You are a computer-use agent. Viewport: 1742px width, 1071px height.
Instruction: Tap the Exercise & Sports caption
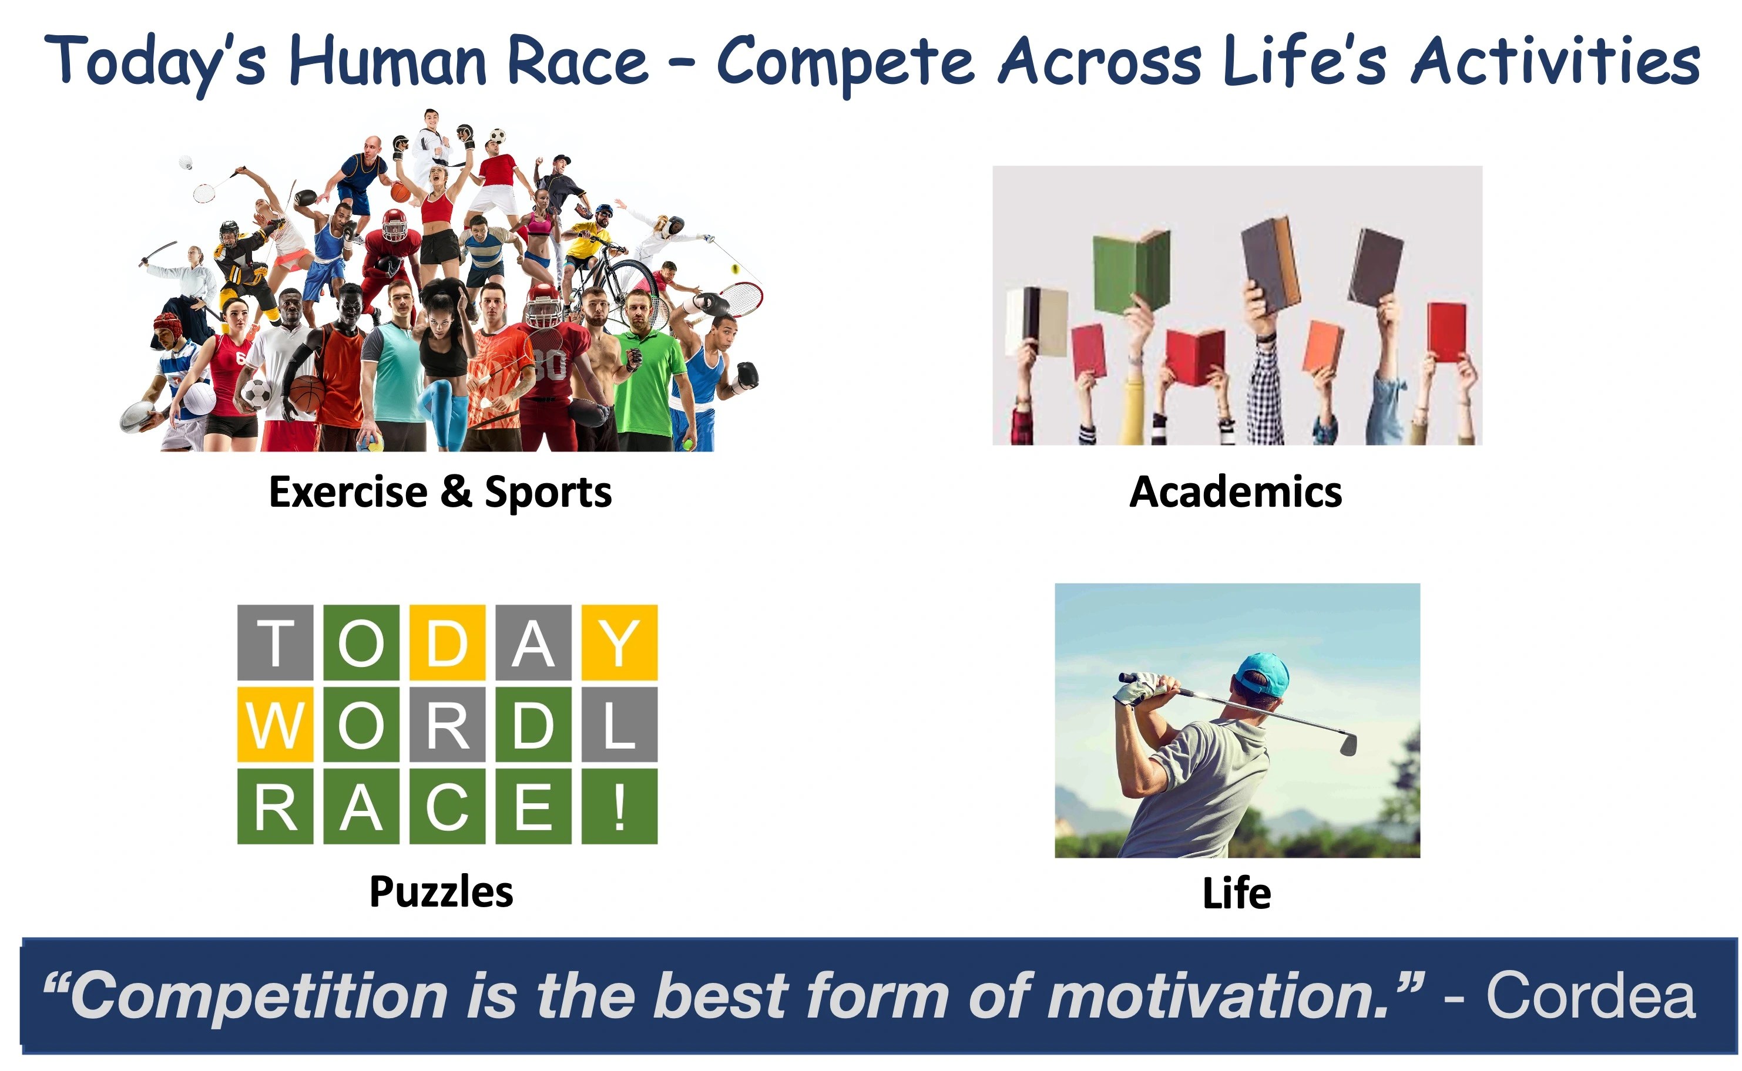(x=440, y=492)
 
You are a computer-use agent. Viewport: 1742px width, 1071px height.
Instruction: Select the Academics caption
(x=1236, y=491)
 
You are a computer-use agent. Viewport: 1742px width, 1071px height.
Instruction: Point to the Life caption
(x=1237, y=892)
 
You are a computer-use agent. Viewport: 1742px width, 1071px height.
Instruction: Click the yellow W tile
(x=275, y=725)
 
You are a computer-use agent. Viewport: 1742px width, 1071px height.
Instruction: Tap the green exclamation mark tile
(x=619, y=806)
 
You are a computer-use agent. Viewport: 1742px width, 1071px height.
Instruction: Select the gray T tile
(x=275, y=642)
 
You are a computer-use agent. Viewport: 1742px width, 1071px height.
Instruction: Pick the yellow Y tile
(x=619, y=642)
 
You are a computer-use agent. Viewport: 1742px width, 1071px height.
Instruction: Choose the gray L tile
(x=619, y=725)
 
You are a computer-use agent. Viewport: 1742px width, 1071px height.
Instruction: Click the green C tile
(x=447, y=806)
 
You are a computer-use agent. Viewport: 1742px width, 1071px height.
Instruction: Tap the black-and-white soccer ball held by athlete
(x=257, y=393)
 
